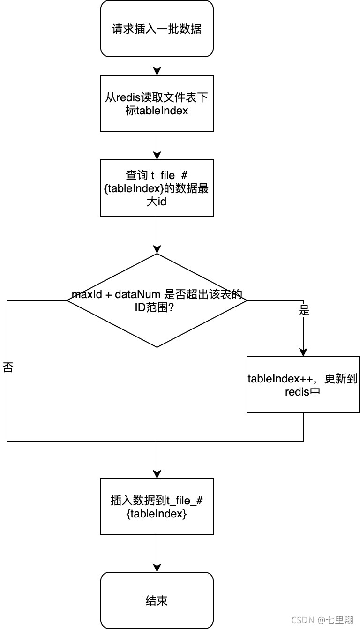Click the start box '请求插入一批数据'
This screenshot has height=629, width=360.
tap(157, 29)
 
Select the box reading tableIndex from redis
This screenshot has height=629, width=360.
tap(157, 104)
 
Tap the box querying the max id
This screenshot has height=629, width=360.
tap(157, 188)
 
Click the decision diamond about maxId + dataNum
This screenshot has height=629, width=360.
tap(157, 300)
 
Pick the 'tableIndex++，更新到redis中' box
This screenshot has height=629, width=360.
tap(303, 385)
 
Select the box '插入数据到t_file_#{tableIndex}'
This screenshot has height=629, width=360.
tap(157, 507)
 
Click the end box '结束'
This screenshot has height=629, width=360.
tap(157, 600)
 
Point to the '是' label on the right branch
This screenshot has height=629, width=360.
tap(304, 311)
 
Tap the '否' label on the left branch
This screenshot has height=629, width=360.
tap(7, 367)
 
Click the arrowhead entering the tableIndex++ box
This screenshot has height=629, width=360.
tap(303, 352)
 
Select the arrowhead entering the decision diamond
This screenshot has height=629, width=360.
tap(157, 249)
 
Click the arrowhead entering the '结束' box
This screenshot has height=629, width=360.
tap(157, 568)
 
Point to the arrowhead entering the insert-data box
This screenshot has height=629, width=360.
tap(157, 474)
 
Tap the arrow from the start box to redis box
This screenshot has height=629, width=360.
tap(157, 66)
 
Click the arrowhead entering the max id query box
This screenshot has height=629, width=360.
tap(157, 156)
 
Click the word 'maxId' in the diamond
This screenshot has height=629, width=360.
tap(83, 295)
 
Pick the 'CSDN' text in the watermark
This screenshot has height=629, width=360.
tap(302, 620)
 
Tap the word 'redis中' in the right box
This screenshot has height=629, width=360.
tap(303, 392)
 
